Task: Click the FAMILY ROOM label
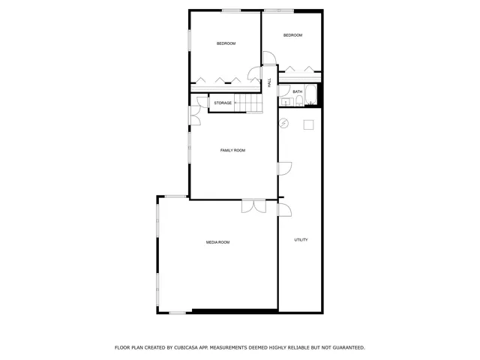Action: click(232, 151)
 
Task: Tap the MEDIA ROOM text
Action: click(217, 242)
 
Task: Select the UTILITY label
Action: click(301, 240)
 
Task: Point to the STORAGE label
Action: click(223, 103)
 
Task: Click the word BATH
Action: click(298, 92)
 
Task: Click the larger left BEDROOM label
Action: click(226, 43)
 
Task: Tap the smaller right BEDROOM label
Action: click(292, 35)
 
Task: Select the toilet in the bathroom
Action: click(289, 103)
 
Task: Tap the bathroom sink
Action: click(282, 103)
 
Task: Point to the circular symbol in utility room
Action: click(283, 124)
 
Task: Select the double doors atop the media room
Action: click(253, 205)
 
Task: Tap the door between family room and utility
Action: click(284, 169)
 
